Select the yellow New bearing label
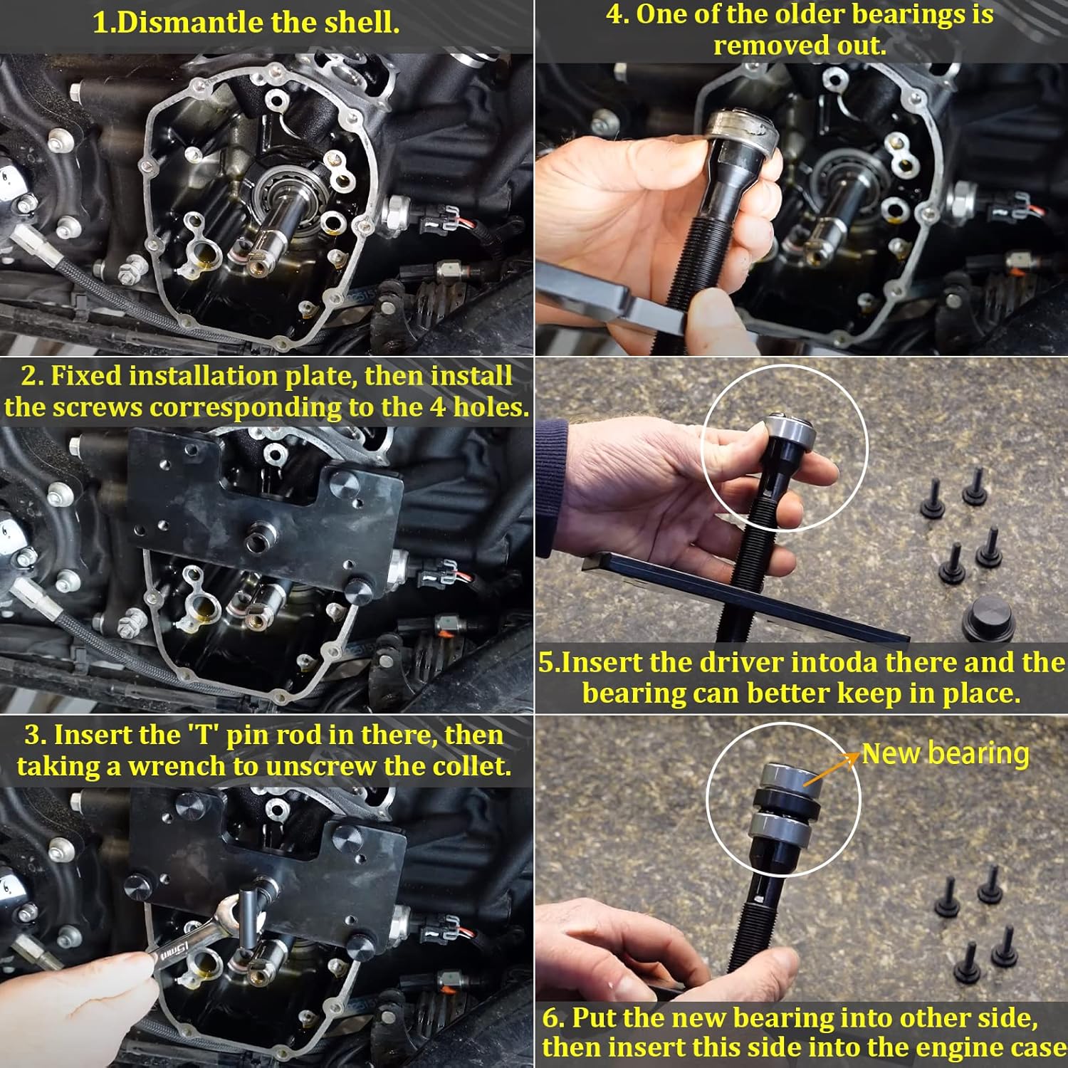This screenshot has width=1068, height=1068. point(945,753)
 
